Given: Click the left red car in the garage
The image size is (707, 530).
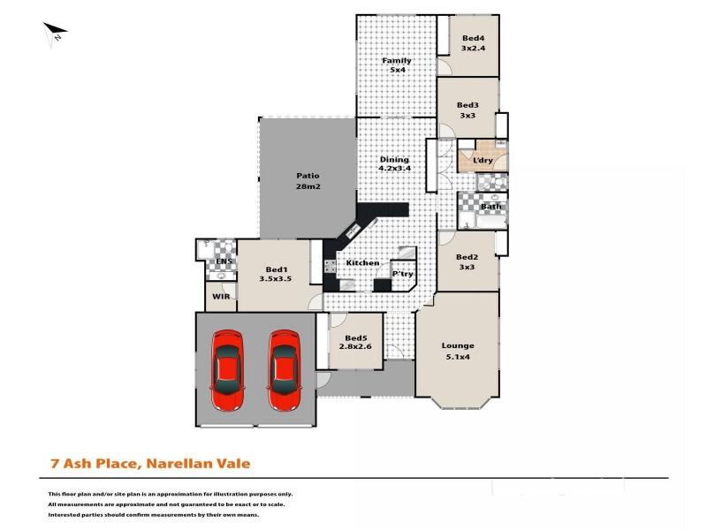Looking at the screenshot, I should coord(227,370).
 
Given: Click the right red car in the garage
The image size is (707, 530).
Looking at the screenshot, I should coord(285,370).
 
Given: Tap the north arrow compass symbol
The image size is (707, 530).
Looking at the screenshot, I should coord(55,34).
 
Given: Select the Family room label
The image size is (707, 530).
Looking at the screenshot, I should coord(397,65).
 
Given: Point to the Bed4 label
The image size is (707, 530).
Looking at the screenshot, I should coord(473,42).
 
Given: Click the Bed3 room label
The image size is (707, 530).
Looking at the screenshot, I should coord(468,110).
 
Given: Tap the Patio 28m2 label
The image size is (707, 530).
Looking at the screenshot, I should coord(307,181).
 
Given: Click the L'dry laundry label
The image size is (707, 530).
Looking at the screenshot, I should coord(483,161).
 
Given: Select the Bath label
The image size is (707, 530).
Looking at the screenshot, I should coord(490,207).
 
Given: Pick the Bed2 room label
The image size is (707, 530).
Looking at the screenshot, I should coord(468,261).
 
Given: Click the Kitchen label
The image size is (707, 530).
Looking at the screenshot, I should coord(362,263).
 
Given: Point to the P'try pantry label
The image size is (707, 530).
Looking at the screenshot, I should coord(402,274).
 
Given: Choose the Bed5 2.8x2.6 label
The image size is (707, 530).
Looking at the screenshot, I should coord(356,343).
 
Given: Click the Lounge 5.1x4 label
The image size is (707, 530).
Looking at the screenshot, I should coord(459,351).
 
